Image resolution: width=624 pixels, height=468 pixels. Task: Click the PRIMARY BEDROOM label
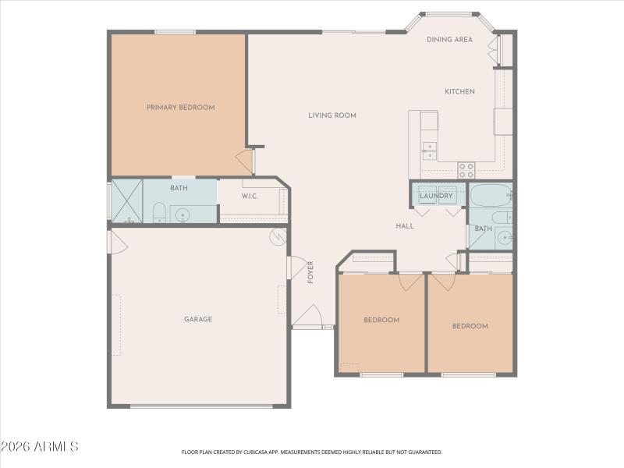180,108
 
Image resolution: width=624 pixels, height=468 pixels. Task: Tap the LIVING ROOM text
331,115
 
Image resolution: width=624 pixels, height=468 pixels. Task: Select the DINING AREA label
449,39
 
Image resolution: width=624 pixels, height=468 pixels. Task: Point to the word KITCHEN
459,92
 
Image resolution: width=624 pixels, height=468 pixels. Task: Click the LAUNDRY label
436,196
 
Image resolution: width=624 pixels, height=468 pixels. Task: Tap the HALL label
405,226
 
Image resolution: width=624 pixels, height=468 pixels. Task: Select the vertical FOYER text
310,271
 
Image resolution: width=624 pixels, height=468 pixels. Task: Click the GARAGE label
198,319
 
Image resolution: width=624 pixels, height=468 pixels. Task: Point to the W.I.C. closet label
250,197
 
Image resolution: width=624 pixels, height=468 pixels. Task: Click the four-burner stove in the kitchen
466,169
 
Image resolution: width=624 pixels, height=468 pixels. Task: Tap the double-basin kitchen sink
429,151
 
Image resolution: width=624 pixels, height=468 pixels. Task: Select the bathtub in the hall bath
489,195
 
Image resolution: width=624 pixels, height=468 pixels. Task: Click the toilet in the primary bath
158,213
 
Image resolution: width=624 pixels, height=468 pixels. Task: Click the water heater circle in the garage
277,236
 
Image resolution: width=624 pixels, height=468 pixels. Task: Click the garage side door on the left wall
115,242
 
